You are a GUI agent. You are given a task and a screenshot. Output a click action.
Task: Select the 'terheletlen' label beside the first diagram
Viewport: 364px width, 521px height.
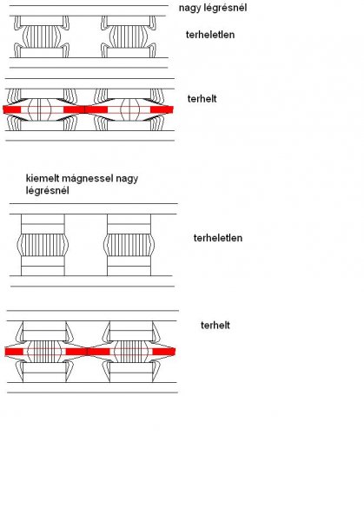pyautogui.click(x=210, y=35)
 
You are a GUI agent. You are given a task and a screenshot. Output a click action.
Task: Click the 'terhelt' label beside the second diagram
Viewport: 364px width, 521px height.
pyautogui.click(x=202, y=99)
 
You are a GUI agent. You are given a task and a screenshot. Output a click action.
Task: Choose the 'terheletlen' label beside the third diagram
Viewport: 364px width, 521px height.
pyautogui.click(x=218, y=238)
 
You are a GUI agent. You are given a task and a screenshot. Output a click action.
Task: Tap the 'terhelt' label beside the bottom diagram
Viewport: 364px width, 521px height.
pyautogui.click(x=215, y=325)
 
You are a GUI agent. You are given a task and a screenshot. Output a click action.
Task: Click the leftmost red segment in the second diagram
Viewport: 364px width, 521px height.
pyautogui.click(x=12, y=109)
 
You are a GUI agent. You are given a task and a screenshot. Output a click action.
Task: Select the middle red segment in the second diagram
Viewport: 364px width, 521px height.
pyautogui.click(x=85, y=109)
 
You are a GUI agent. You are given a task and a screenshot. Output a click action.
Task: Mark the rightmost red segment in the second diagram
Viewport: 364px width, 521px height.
pyautogui.click(x=162, y=109)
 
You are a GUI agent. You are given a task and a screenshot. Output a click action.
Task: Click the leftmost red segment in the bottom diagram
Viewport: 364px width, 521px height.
pyautogui.click(x=14, y=352)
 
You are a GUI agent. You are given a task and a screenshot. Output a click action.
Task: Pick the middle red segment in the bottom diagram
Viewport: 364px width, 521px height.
pyautogui.click(x=88, y=352)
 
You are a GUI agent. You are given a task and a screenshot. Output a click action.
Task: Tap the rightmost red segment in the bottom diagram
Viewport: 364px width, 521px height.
pyautogui.click(x=164, y=352)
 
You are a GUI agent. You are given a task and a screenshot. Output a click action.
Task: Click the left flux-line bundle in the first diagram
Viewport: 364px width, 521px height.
pyautogui.click(x=42, y=36)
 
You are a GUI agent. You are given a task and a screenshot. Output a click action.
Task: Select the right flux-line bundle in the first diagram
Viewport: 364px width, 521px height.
pyautogui.click(x=129, y=36)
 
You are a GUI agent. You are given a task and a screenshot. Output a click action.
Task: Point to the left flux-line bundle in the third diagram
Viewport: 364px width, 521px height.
pyautogui.click(x=43, y=245)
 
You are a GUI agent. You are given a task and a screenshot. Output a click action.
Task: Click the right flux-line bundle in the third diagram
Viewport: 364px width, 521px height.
pyautogui.click(x=129, y=245)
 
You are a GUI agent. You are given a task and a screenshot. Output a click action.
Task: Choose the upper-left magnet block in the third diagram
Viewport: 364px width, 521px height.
pyautogui.click(x=43, y=224)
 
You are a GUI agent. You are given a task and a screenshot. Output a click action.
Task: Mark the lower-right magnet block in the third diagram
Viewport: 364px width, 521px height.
pyautogui.click(x=129, y=266)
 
